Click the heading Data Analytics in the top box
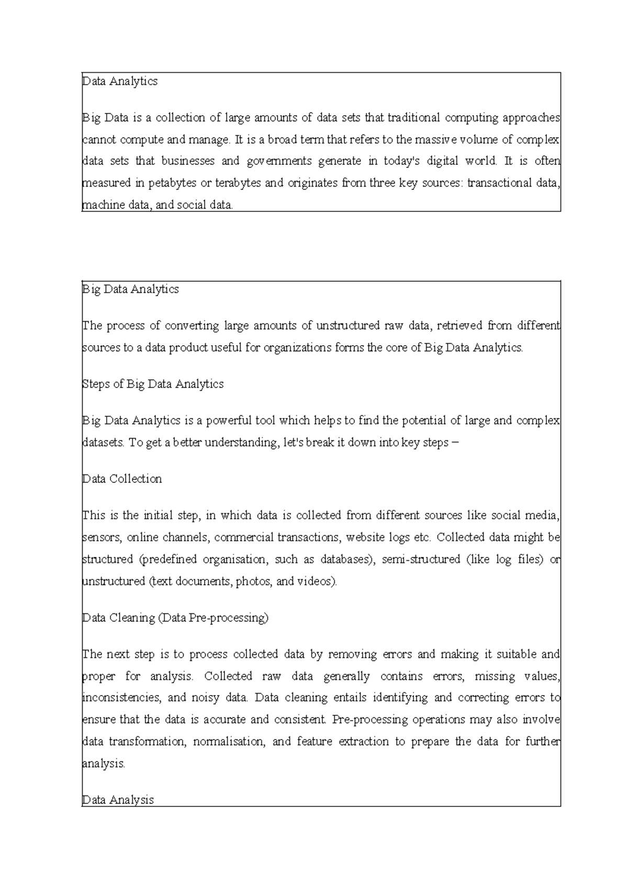(120, 82)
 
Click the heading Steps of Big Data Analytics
(153, 384)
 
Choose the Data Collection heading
(122, 479)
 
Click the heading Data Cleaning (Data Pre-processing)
(175, 618)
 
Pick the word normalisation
(229, 742)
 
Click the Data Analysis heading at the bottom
(118, 800)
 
